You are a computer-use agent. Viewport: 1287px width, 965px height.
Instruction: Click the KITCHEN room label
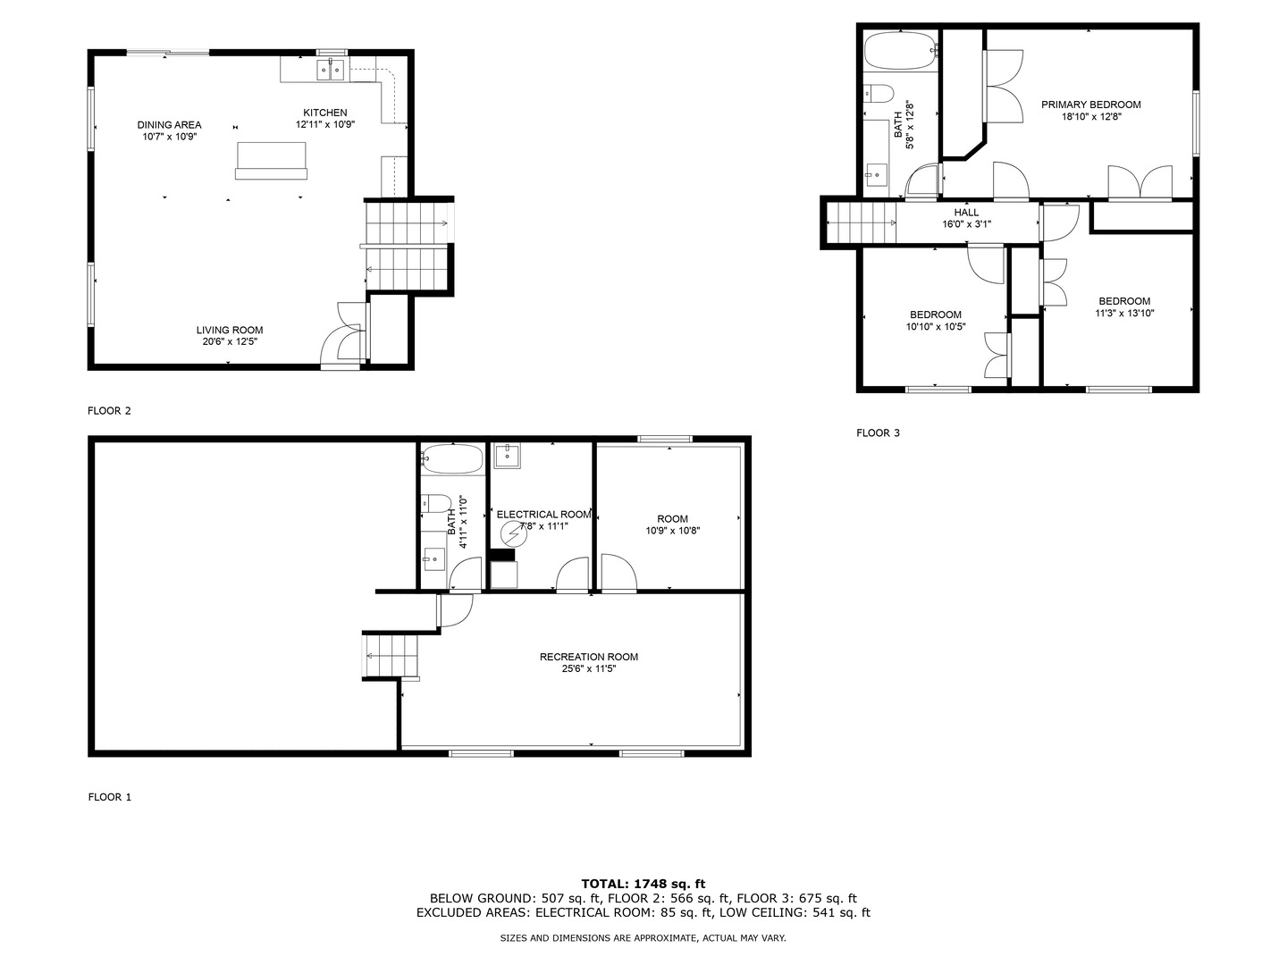click(x=324, y=113)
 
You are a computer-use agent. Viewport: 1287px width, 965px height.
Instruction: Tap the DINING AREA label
click(x=169, y=125)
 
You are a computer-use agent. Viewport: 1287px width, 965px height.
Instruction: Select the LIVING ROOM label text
click(x=230, y=330)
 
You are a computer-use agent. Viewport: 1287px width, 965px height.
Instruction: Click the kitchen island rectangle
click(x=272, y=160)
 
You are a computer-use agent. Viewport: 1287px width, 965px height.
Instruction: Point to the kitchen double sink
click(x=331, y=70)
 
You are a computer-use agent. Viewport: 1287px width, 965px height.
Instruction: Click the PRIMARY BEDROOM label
click(x=1090, y=105)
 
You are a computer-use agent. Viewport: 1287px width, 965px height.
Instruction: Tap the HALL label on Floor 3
click(x=966, y=213)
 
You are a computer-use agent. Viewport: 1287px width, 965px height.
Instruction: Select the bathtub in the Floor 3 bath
click(x=901, y=49)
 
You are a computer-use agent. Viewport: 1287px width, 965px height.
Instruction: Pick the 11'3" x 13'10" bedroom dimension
click(x=1124, y=314)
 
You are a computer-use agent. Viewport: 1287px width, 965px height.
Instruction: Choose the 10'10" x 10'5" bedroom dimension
click(x=935, y=327)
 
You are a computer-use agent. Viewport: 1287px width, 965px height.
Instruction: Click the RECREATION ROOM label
click(x=588, y=658)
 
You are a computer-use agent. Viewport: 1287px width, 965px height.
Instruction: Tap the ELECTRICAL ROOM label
click(x=543, y=515)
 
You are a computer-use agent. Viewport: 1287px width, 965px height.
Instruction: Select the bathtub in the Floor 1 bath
click(x=452, y=458)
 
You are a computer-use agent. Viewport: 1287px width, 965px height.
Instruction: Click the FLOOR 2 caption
click(x=109, y=411)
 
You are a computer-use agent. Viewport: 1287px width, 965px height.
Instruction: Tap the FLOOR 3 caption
click(x=878, y=433)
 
